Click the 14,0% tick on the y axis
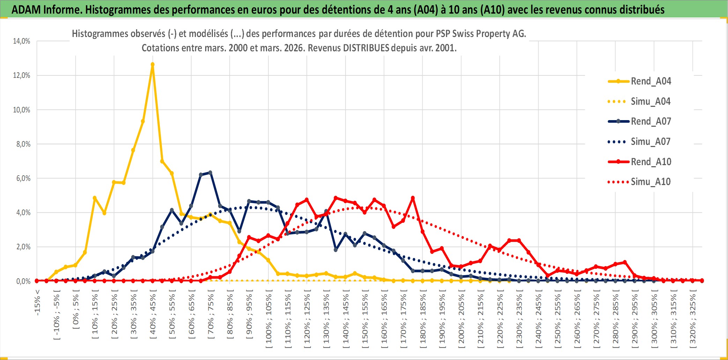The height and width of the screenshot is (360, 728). (x=22, y=41)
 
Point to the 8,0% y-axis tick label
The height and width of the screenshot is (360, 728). (x=23, y=144)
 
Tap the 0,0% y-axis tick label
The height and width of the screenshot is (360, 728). (x=23, y=281)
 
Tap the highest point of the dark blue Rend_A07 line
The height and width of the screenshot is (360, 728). (x=210, y=172)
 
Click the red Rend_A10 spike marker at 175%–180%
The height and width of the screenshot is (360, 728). (x=413, y=198)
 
